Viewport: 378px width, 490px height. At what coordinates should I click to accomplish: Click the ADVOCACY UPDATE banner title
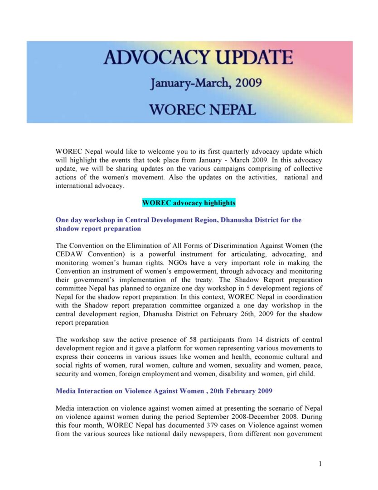[x=198, y=58]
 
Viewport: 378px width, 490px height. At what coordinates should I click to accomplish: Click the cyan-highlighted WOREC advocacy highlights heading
[x=189, y=203]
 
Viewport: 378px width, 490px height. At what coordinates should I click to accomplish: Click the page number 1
[x=320, y=463]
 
